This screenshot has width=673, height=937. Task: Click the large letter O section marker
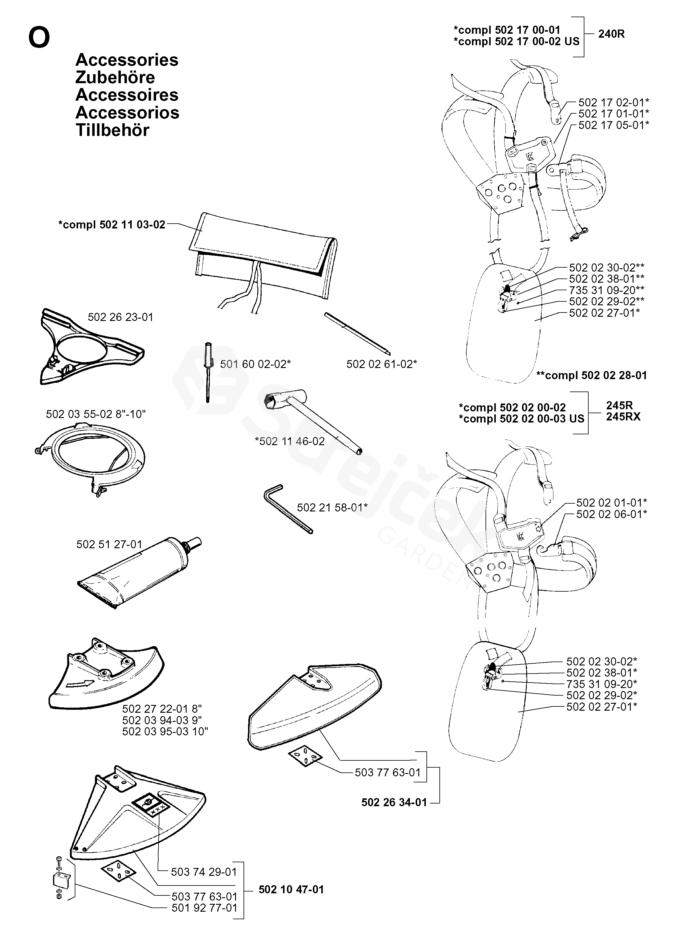[39, 38]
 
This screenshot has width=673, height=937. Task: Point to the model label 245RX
[623, 417]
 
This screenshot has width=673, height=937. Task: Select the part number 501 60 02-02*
[255, 364]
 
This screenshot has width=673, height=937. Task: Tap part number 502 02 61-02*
[381, 364]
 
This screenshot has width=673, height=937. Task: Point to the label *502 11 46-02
[290, 441]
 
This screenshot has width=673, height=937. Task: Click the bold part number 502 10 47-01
[291, 889]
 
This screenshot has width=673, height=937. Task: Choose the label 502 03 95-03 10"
[165, 731]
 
